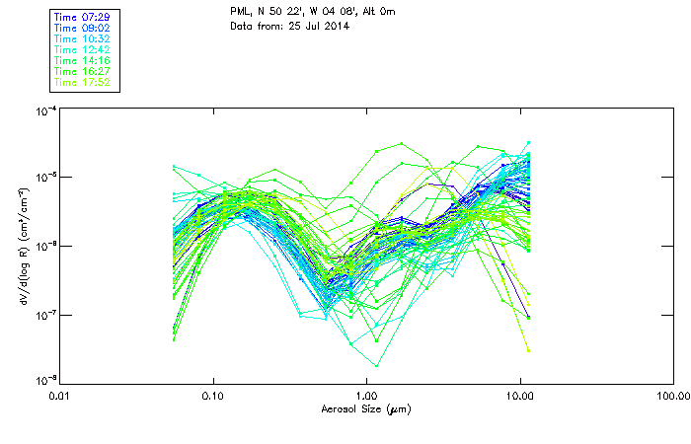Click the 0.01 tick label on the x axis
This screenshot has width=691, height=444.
coord(60,397)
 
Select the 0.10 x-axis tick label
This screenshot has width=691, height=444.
coord(213,397)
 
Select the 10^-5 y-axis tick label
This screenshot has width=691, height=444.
coord(42,178)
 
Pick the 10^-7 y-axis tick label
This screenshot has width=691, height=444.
coord(42,315)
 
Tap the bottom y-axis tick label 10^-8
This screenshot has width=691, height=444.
coord(42,380)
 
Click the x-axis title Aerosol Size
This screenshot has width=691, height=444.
coord(365,408)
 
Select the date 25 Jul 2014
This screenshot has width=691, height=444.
coord(317,25)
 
